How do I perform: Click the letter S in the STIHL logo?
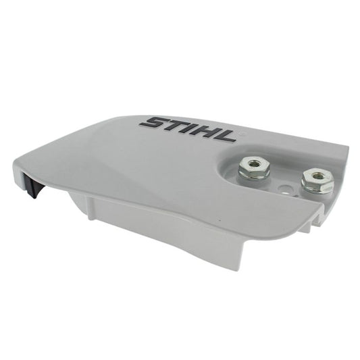[x=153, y=124]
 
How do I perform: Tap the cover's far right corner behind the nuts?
[x=346, y=150]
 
